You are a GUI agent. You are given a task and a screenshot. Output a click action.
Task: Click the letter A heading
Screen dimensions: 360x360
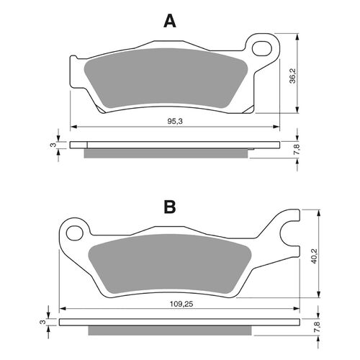169,21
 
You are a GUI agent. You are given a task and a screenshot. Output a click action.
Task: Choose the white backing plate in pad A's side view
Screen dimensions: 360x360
173,145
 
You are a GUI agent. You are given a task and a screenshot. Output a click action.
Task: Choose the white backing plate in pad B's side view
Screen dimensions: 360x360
180,323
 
